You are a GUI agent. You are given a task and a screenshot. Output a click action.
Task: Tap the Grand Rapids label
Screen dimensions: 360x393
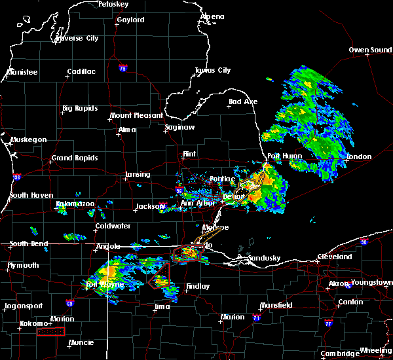coord(75,158)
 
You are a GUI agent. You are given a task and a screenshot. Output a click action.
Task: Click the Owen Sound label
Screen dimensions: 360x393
coord(370,50)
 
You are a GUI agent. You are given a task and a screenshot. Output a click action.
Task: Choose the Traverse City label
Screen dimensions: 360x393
coord(77,39)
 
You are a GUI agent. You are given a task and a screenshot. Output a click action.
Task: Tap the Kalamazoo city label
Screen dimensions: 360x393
coord(75,204)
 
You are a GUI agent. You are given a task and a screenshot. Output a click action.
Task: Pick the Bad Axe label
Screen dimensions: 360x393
coord(242,102)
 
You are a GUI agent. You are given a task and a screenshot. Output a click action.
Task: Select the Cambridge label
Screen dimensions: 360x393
coord(341,353)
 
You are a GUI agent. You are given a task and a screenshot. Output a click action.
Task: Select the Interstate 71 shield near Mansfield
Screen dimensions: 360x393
coord(257,317)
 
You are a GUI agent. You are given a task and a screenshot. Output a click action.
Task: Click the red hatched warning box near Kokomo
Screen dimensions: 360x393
coord(51,332)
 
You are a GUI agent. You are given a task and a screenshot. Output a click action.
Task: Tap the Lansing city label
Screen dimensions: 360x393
coord(137,175)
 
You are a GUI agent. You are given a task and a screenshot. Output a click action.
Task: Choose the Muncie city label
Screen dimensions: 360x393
coord(81,342)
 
